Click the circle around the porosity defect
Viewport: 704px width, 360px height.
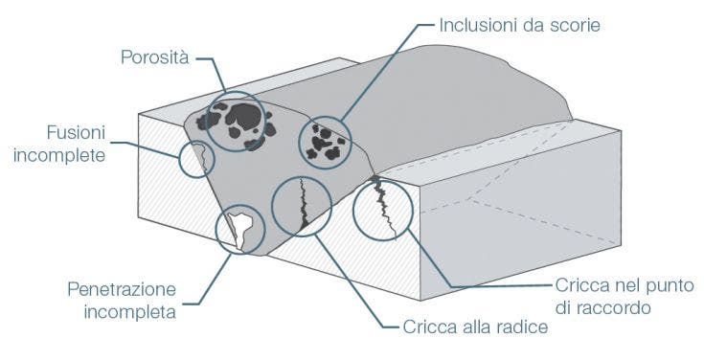(x=235, y=121)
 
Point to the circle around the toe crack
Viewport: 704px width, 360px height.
(x=383, y=209)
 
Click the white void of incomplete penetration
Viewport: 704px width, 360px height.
(x=241, y=226)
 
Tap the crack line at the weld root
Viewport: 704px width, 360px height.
(x=304, y=206)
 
